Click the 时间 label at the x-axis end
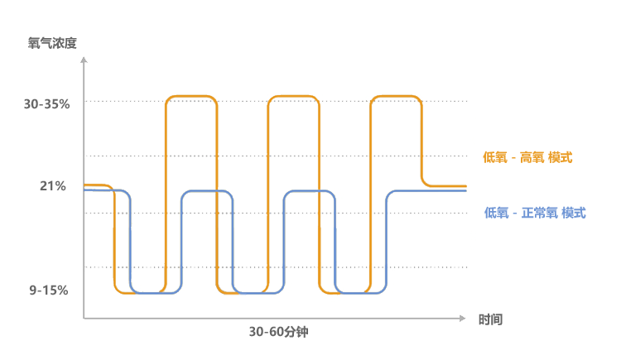490,319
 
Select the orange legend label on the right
527,157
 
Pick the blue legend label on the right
535,213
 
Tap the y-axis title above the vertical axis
52,43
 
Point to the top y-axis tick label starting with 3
46,103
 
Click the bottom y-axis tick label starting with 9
48,290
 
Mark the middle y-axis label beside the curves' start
53,185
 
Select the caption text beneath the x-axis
278,332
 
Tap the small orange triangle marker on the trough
233,295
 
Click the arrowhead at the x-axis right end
465,317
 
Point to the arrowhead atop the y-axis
84,59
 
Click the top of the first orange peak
191,97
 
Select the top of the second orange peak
293,97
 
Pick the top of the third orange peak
395,97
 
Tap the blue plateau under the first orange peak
205,191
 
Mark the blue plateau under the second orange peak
309,191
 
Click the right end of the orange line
465,186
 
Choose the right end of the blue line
465,191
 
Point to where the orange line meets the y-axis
84,185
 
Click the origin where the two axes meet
84,317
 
